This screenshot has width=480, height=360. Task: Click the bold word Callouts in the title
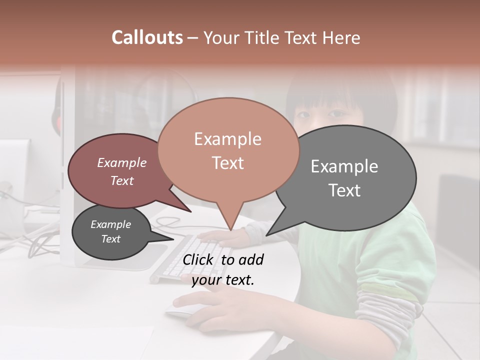pos(147,37)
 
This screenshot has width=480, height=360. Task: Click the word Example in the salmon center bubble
pos(227,139)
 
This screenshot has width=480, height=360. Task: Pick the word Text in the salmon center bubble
pos(227,163)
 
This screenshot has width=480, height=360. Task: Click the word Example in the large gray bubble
pos(344,166)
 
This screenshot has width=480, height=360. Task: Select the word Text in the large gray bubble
pos(344,190)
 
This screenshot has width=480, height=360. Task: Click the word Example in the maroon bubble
pos(122,162)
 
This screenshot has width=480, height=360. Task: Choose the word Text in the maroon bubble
pos(122,180)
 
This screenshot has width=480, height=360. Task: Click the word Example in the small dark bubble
pos(111,224)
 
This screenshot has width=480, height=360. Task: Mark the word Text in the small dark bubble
pos(111,239)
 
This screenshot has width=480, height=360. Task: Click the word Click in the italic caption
pos(199,259)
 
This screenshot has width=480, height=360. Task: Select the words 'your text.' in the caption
pos(223,280)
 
